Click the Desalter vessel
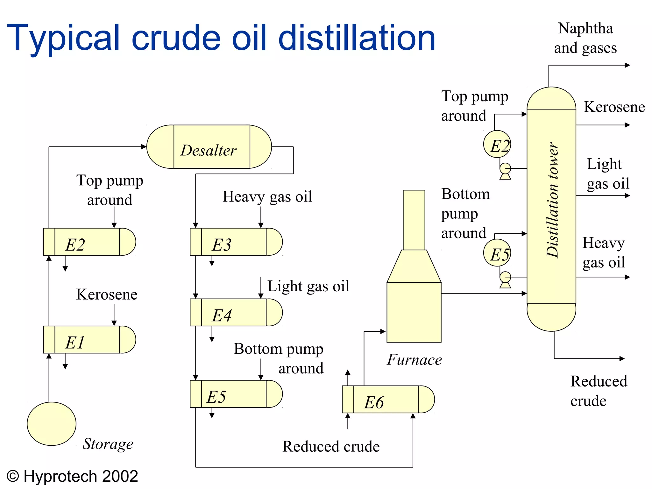209,147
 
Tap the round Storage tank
52,423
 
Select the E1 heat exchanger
89,340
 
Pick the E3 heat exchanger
236,242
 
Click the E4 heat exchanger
236,312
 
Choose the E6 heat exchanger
388,399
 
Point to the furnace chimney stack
414,220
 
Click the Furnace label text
414,360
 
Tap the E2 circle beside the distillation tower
497,144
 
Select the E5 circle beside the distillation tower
497,253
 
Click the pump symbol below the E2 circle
505,170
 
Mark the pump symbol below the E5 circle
505,279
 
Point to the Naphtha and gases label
585,38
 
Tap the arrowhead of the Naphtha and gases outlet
627,65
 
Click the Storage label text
108,444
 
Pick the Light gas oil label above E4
308,286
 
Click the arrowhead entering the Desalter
144,147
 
